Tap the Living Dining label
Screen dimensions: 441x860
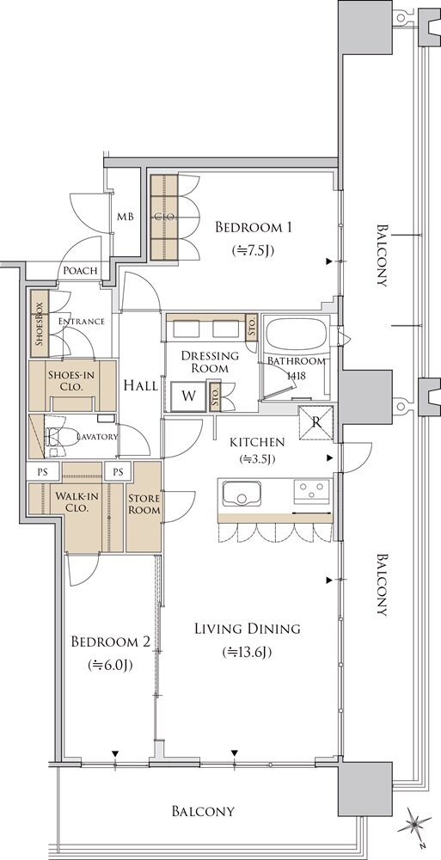point(248,628)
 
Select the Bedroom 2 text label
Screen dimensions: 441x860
point(111,642)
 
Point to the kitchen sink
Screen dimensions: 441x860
point(242,491)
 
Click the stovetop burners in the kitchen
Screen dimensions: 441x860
point(312,491)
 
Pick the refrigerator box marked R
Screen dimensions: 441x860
point(316,422)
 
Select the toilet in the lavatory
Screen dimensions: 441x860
point(55,437)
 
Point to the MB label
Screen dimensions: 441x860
point(125,217)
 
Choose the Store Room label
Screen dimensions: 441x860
point(144,504)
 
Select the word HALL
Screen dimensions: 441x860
point(140,385)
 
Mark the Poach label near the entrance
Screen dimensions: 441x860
point(80,270)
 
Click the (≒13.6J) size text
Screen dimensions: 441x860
point(248,652)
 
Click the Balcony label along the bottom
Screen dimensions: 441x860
point(204,811)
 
